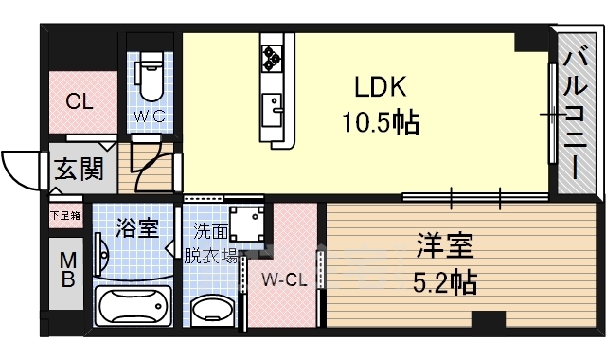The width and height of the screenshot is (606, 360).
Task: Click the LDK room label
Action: click(x=381, y=86)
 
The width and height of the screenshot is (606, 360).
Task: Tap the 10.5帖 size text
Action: click(x=381, y=122)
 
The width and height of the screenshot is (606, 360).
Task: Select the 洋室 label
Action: click(x=445, y=245)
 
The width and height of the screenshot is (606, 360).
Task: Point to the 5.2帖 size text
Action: click(x=445, y=282)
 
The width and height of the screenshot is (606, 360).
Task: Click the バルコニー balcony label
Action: click(x=575, y=115)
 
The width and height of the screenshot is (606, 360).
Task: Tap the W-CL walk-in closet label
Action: click(x=284, y=279)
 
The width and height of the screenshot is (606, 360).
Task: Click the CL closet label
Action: click(x=80, y=101)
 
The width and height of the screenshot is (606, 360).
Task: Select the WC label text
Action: click(x=150, y=116)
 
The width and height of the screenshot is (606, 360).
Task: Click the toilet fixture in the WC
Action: click(x=151, y=77)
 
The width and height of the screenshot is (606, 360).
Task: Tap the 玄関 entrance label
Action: click(x=80, y=169)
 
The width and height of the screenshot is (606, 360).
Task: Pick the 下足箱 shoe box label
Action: click(x=65, y=215)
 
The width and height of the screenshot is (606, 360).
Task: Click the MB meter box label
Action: click(x=67, y=269)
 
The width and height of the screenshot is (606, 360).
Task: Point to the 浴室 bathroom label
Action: click(x=137, y=228)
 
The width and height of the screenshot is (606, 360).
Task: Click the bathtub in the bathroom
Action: click(x=134, y=305)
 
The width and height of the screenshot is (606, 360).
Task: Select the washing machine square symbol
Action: click(x=247, y=224)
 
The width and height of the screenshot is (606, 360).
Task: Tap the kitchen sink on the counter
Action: click(x=272, y=110)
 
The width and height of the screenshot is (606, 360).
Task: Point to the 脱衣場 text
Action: click(x=210, y=255)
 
